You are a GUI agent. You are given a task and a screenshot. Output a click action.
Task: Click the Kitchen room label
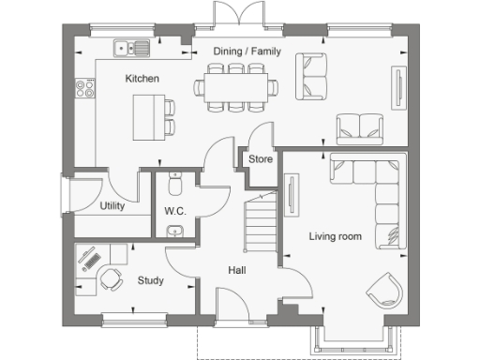coord(142,79)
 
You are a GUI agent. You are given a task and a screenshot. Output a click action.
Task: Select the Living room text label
coord(336,236)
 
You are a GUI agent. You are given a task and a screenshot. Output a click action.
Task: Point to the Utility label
coord(112,206)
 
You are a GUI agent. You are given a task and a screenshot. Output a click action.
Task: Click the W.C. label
coord(175,211)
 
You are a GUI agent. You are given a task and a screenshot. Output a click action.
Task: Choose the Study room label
coord(150,279)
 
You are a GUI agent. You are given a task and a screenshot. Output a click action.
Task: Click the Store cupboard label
coord(261,159)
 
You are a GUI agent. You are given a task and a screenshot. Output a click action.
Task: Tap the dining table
coord(236,87)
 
